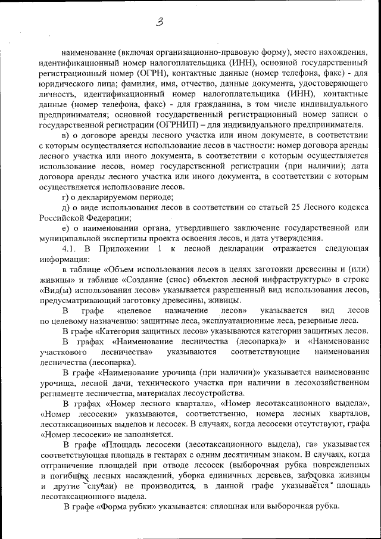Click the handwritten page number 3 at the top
tap(159, 22)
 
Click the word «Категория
tap(123, 331)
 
